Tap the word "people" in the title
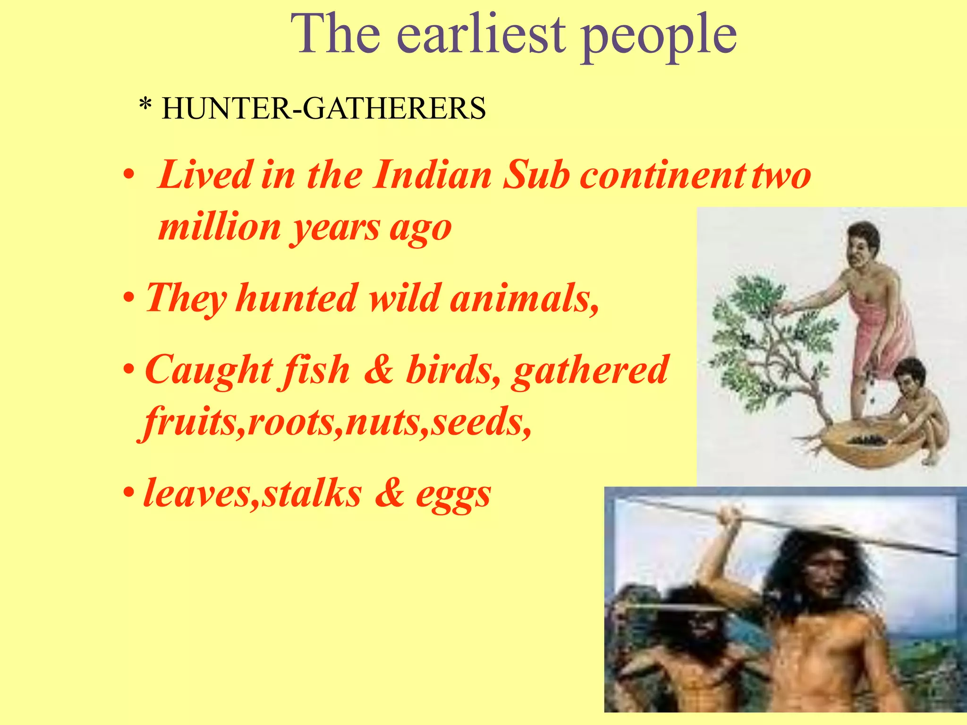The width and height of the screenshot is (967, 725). [659, 38]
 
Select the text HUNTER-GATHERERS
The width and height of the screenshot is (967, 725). [323, 108]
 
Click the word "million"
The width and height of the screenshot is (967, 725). [220, 228]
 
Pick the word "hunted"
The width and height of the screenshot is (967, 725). [297, 298]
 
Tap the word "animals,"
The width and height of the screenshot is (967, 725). [524, 298]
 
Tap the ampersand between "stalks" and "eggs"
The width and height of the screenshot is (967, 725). [390, 494]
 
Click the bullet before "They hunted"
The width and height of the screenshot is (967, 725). [128, 298]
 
